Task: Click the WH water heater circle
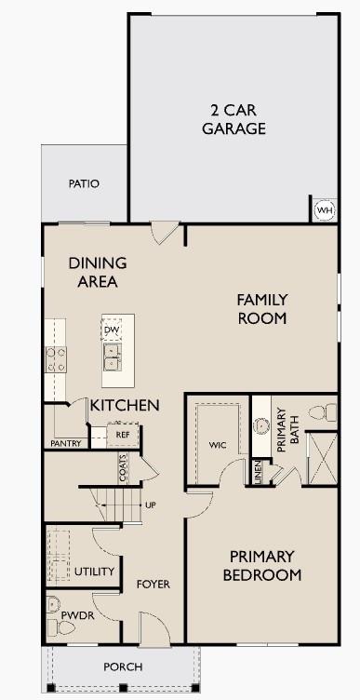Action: pyautogui.click(x=324, y=210)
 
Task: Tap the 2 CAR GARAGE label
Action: pyautogui.click(x=233, y=118)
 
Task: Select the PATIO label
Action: pyautogui.click(x=84, y=183)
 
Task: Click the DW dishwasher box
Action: pyautogui.click(x=112, y=330)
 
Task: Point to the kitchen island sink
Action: pyautogui.click(x=113, y=356)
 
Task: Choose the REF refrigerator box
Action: pyautogui.click(x=122, y=435)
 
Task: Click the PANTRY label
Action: pyautogui.click(x=66, y=443)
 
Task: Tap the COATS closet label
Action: pyautogui.click(x=121, y=466)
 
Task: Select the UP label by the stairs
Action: pyautogui.click(x=150, y=505)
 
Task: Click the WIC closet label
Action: pyautogui.click(x=217, y=445)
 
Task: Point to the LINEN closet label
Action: pyautogui.click(x=258, y=471)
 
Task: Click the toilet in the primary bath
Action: pyautogui.click(x=321, y=412)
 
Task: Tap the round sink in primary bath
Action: pyautogui.click(x=260, y=428)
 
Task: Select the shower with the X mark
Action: pyautogui.click(x=322, y=461)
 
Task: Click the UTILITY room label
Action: pyautogui.click(x=95, y=572)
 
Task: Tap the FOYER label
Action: pyautogui.click(x=153, y=584)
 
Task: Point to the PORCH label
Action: pyautogui.click(x=123, y=666)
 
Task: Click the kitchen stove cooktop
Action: pyautogui.click(x=56, y=358)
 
